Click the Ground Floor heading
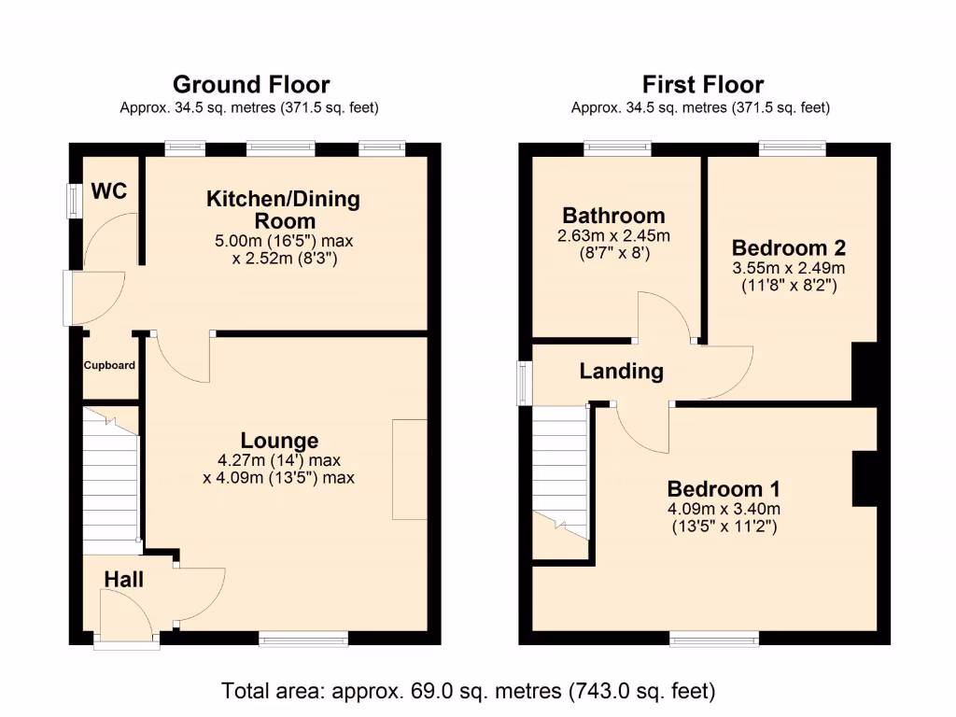click(x=250, y=85)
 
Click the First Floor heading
click(x=701, y=85)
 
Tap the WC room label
click(x=109, y=192)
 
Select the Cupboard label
click(x=109, y=365)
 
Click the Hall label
click(x=123, y=580)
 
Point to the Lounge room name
click(x=279, y=441)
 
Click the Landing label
click(x=621, y=372)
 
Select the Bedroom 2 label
click(x=789, y=248)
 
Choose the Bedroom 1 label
click(x=724, y=489)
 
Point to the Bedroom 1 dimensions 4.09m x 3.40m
click(x=724, y=509)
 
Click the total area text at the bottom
click(x=468, y=692)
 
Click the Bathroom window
click(x=617, y=148)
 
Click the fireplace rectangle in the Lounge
click(x=409, y=470)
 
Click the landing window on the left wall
click(x=526, y=383)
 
